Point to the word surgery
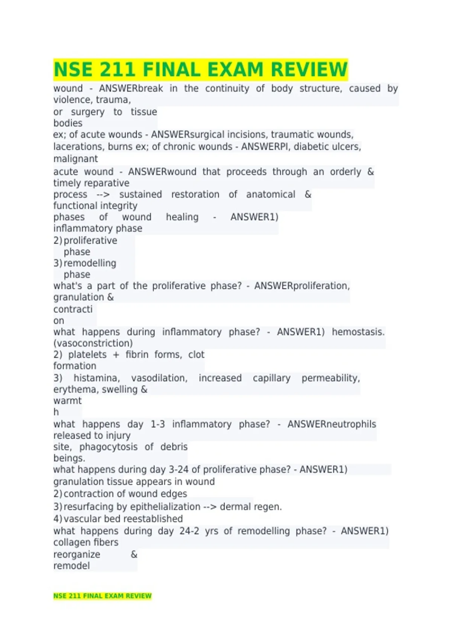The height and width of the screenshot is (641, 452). coord(87,112)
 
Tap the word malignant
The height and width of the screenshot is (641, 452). coord(75,159)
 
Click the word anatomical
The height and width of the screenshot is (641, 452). coord(270,195)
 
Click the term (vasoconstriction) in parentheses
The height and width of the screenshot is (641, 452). coord(93,344)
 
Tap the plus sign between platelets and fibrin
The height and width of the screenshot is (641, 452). coord(116,355)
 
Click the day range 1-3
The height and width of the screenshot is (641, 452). coord(158,424)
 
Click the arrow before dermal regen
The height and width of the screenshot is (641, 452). coord(210,507)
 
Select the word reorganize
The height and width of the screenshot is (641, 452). coord(76,555)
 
